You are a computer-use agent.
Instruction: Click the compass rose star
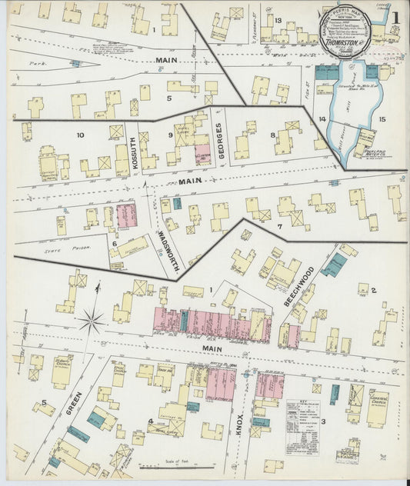tap(92, 318)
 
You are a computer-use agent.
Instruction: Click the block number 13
tap(277, 20)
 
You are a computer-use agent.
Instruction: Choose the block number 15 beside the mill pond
tap(382, 120)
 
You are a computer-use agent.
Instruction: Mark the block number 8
tap(272, 135)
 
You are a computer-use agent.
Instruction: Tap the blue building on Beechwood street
tap(334, 265)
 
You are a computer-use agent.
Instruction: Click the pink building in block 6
tap(126, 215)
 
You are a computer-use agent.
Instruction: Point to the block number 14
tap(324, 119)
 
